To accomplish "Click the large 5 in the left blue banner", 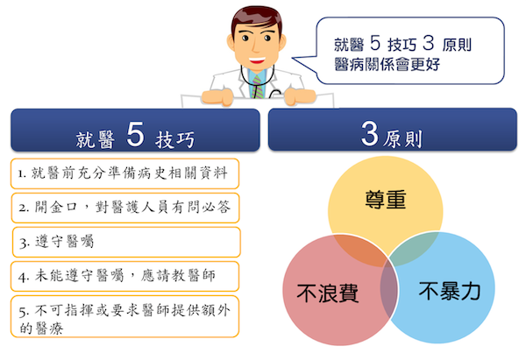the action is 135,134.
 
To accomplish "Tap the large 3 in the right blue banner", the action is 369,133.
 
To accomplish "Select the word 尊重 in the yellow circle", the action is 386,200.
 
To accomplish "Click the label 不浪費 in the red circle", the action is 327,293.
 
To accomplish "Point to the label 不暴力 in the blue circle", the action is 450,291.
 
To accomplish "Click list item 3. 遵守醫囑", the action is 56,242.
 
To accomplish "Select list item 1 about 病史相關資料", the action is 123,173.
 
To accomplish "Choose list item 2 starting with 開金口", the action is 124,207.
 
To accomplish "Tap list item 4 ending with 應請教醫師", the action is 117,276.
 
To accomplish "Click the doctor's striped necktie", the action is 257,87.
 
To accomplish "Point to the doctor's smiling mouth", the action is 257,60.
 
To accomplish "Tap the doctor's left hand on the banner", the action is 299,95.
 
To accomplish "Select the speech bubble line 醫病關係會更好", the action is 387,64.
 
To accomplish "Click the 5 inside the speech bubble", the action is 375,43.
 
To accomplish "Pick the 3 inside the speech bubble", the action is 429,43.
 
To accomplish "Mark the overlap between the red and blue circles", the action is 389,288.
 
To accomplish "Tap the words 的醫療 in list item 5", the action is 41,328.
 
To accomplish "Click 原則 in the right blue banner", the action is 402,138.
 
